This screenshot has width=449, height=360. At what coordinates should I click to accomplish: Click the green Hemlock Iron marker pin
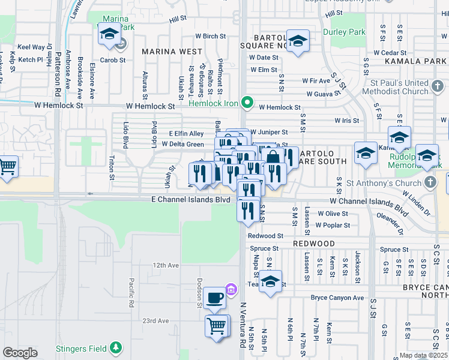(x=246, y=103)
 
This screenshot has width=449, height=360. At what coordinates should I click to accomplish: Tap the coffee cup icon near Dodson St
(x=214, y=296)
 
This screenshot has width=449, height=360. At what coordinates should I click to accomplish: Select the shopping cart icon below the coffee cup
(x=217, y=326)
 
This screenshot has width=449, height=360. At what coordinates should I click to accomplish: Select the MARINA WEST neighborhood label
(x=172, y=52)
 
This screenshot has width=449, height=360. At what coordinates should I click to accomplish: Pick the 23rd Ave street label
(x=155, y=321)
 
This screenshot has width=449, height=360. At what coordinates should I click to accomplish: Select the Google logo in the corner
(x=20, y=352)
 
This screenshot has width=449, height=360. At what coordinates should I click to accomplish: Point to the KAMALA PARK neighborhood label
(x=424, y=61)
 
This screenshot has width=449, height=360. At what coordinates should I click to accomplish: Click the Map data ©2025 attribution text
(x=423, y=355)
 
